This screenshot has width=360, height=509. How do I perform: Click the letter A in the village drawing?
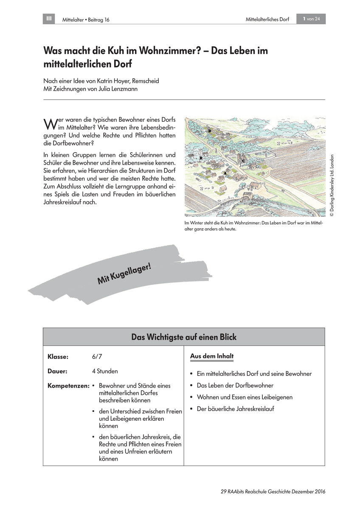point(225,173)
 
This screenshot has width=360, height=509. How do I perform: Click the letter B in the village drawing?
point(201,158)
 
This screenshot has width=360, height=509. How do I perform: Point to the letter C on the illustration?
point(243,161)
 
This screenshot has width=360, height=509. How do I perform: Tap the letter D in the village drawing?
point(210,131)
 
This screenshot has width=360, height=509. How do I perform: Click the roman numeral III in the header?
point(49,19)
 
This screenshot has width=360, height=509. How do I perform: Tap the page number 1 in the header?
point(305,19)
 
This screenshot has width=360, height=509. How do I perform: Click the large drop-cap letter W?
point(50,123)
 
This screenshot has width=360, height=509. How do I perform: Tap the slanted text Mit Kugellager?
point(124,274)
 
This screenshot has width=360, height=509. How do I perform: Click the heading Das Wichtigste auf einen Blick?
point(184,337)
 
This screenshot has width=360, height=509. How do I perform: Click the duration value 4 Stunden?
point(105,371)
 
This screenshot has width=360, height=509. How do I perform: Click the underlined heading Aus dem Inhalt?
point(212,356)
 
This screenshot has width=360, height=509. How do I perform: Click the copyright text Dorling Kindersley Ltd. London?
point(332,185)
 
